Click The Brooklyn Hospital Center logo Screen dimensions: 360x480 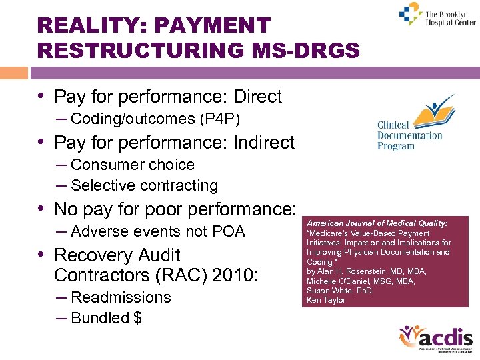coord(437,15)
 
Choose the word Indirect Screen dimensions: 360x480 coord(263,143)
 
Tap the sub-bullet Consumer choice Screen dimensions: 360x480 coord(132,165)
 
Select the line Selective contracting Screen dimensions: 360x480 coord(144,185)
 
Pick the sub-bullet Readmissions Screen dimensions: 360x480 coord(121,297)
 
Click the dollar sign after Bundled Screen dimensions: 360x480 coord(137,318)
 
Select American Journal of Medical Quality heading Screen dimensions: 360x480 coord(377,223)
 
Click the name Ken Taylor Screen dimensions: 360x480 coord(326,300)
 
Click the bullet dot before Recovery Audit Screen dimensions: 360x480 coord(44,255)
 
